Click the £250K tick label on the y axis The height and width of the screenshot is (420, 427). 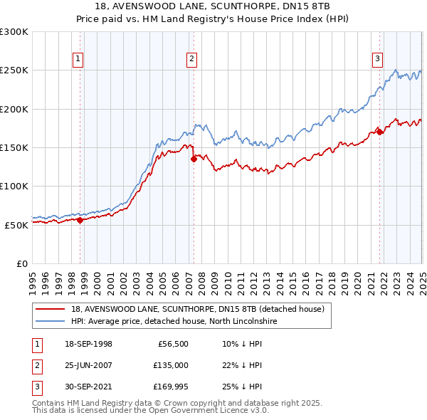tap(14, 70)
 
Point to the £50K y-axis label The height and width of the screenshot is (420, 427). tap(16, 225)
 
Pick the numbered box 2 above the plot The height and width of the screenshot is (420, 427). tap(192, 60)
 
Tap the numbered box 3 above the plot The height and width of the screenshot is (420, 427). tap(377, 60)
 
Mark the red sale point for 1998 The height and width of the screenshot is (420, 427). tap(80, 220)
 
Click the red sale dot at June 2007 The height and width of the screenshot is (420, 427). tap(194, 159)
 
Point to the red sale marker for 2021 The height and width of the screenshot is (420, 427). tap(380, 132)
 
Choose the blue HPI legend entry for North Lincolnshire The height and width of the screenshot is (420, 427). tap(174, 321)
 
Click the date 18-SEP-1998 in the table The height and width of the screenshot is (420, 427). tap(88, 344)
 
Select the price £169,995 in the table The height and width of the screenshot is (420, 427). tap(169, 387)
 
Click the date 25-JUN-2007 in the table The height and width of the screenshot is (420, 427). tap(88, 365)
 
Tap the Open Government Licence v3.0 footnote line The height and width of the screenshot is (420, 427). tap(150, 411)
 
